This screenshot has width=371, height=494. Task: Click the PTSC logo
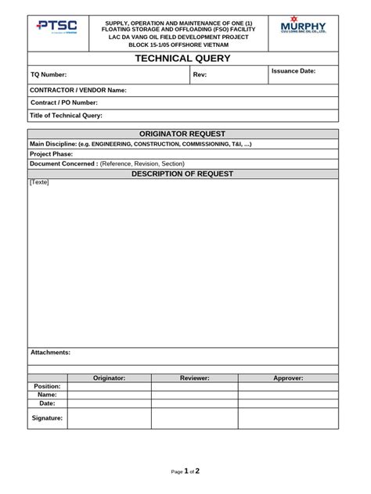(x=57, y=28)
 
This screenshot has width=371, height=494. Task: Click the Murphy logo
(x=303, y=28)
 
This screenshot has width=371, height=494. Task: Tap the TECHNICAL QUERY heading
(x=182, y=59)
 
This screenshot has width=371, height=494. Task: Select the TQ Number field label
(x=49, y=75)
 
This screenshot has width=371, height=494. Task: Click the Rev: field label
(x=200, y=75)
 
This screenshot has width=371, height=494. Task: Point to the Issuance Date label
(x=294, y=71)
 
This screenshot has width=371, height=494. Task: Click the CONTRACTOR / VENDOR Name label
(x=78, y=91)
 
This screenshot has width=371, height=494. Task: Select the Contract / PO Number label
(x=64, y=103)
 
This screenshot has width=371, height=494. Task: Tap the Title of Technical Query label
(x=67, y=116)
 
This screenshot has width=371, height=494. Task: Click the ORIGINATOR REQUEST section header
(x=182, y=134)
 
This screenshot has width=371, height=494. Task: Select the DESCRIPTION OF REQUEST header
(x=182, y=174)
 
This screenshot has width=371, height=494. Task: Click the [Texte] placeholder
(x=39, y=183)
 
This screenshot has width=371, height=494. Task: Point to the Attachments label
(x=50, y=353)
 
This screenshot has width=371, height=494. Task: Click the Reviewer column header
(x=194, y=378)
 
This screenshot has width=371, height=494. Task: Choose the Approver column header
(x=288, y=378)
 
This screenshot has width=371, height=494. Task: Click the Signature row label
(x=47, y=418)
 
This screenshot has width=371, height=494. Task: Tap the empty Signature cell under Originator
(x=110, y=418)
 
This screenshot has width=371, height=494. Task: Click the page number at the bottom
(x=186, y=471)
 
